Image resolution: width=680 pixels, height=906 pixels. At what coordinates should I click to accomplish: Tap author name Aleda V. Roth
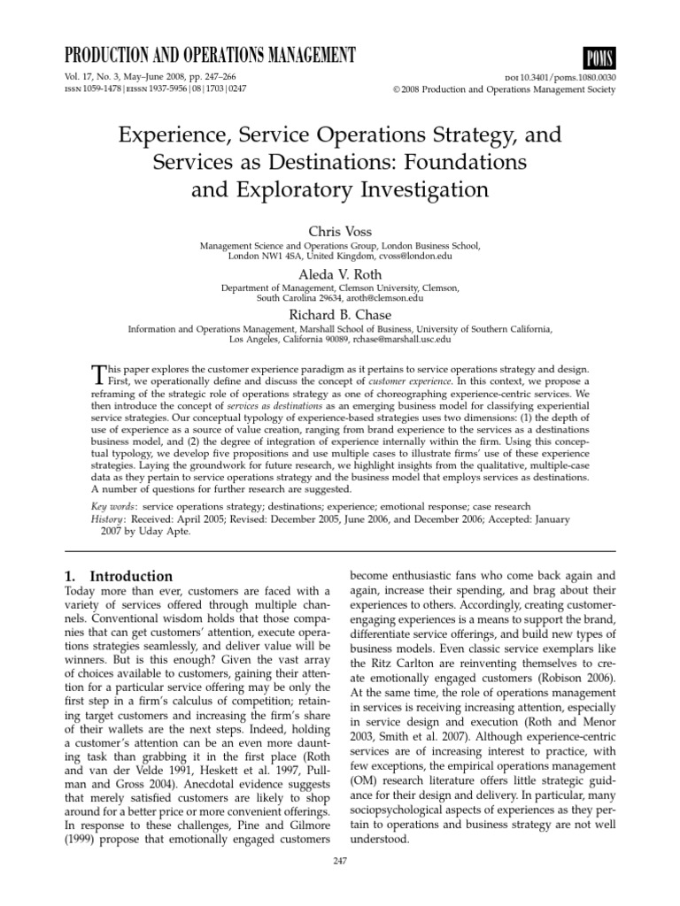pyautogui.click(x=339, y=275)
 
